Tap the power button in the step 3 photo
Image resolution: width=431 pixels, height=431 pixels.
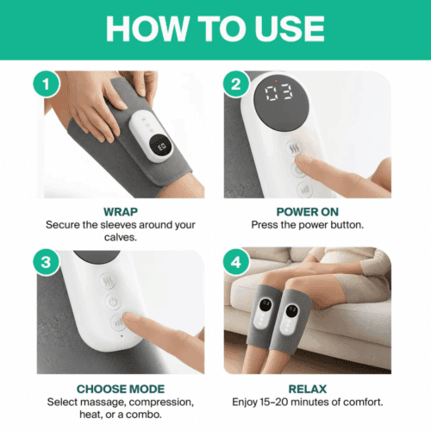pyautogui.click(x=112, y=303)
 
